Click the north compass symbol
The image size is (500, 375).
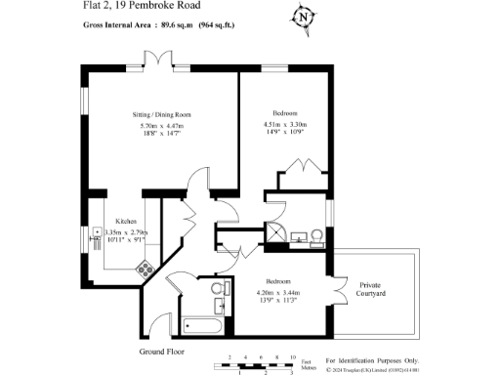[x=305, y=17]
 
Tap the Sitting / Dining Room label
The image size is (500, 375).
[x=161, y=114]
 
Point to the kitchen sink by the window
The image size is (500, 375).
[x=98, y=234]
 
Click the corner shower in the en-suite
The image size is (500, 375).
[x=276, y=232]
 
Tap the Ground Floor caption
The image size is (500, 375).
[x=161, y=350]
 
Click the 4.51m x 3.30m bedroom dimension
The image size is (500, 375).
[x=285, y=125]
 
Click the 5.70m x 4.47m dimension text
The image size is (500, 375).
[x=161, y=125]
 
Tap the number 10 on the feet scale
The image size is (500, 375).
[x=292, y=357]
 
